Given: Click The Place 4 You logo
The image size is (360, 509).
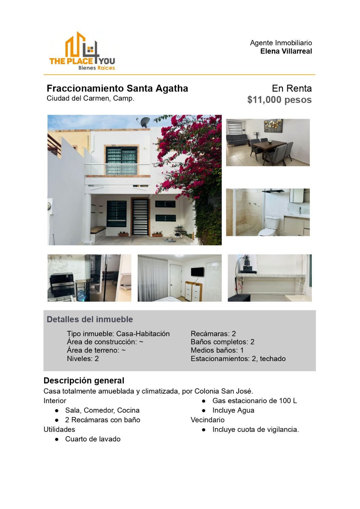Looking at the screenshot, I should coord(82,52).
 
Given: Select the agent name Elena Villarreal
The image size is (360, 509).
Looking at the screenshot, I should coord(286,51).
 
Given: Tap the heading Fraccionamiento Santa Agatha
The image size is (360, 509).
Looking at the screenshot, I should coord(117,89).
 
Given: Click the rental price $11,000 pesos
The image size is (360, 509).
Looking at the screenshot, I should coord(279,100).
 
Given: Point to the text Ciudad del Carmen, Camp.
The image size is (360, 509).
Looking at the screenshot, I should coord(90,98).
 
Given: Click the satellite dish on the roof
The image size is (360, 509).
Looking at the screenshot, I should coord(144,122).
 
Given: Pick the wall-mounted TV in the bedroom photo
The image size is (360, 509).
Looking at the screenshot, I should coord(197,272).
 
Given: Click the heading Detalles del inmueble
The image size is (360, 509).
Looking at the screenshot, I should coord(90,319).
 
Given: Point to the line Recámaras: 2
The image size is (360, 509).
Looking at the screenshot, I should coord(213,334).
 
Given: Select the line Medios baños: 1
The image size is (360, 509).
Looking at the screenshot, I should coord(217,350).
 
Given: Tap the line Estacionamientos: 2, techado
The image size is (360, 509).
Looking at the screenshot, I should coord(238,359).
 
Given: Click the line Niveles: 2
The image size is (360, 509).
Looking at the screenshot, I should coord(82,359).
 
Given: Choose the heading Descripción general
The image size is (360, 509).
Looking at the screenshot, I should coord(84,380).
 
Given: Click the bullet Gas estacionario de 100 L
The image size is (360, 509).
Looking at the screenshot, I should coord(254,401).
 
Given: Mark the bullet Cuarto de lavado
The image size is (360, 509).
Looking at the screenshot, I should coord(93,439).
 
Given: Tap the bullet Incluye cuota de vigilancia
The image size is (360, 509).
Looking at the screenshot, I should coord(255,430).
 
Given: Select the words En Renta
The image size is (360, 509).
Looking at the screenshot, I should coord(291,89).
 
